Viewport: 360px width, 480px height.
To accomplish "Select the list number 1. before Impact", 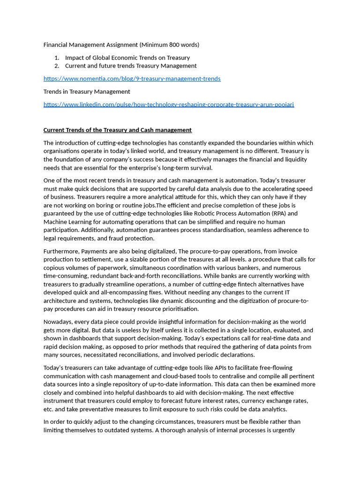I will tap(57, 58).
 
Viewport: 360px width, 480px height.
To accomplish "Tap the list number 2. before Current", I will tap(57, 66).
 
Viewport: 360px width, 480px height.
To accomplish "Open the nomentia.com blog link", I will tap(132, 79).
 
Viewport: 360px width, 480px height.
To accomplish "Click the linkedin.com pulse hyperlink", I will tap(168, 105).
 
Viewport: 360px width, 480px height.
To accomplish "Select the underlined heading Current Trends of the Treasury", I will tap(117, 130).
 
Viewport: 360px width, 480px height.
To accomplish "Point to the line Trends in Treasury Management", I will tap(87, 91).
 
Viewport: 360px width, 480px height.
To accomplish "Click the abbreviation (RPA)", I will tap(280, 214).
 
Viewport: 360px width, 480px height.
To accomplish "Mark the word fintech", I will tap(240, 285).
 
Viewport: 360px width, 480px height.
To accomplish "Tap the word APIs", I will tap(221, 368).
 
